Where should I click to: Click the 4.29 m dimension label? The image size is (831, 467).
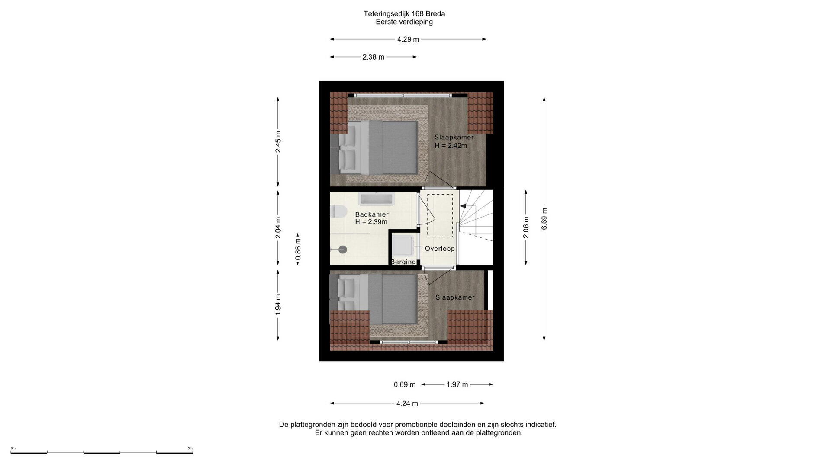(408, 39)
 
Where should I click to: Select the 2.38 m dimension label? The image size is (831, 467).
(373, 57)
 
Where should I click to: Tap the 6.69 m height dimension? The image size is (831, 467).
(544, 219)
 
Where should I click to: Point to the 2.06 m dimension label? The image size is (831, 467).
(526, 227)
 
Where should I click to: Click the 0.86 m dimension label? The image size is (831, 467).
(298, 249)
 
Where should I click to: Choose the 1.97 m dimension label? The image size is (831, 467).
(457, 384)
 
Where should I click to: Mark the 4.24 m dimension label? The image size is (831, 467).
(407, 403)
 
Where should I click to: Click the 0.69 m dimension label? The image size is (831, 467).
(404, 384)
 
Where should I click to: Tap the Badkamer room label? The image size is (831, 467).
(372, 214)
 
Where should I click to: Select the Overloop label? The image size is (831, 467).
(440, 249)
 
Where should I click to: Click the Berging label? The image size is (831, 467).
(403, 262)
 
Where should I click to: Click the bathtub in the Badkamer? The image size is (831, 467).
(376, 199)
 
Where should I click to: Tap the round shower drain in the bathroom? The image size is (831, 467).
(343, 249)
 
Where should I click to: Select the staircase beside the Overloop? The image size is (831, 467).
(476, 227)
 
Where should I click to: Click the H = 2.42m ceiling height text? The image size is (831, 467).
(451, 146)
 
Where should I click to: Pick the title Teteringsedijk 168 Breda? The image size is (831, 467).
(404, 14)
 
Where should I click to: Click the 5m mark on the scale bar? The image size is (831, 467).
(190, 448)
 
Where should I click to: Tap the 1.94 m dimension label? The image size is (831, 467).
(278, 304)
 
